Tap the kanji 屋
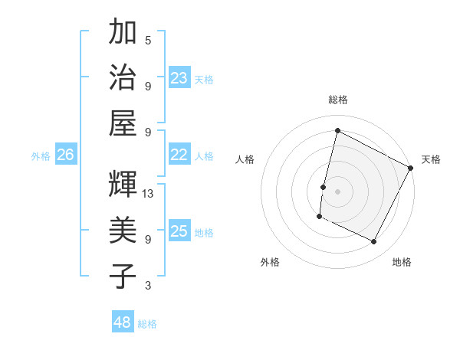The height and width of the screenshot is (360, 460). point(123,123)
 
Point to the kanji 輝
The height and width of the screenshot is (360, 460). point(123,185)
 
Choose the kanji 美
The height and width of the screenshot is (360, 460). point(123,231)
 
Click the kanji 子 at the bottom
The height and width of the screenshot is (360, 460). point(123,277)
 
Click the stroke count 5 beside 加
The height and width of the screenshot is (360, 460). point(148,40)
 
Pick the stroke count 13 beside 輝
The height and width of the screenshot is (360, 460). point(148,194)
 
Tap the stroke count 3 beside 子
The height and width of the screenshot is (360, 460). point(148,286)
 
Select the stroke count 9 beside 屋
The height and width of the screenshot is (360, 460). point(148,133)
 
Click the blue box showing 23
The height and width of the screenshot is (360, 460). point(179,77)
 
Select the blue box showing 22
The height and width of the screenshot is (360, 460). point(179,155)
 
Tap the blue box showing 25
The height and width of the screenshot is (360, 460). point(179,231)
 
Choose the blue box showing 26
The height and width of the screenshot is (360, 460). point(66,155)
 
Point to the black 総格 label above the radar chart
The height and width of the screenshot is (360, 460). point(338,100)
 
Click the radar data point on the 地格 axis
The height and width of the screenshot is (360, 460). point(374,242)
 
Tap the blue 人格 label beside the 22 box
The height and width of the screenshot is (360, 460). point(204,156)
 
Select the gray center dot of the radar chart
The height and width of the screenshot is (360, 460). point(337,191)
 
